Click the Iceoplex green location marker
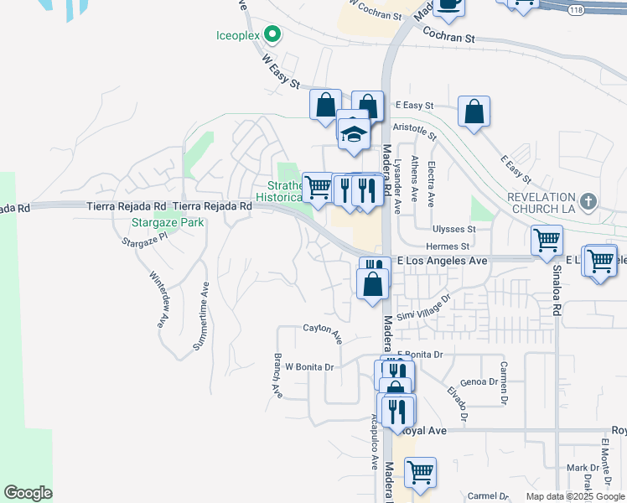pyautogui.click(x=272, y=34)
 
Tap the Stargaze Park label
pyautogui.click(x=157, y=224)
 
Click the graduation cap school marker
pyautogui.click(x=354, y=133)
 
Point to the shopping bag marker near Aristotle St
pyautogui.click(x=474, y=112)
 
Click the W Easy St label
pyautogui.click(x=281, y=71)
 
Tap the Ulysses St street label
pyautogui.click(x=453, y=229)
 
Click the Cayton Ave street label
pyautogui.click(x=323, y=334)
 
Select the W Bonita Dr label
pyautogui.click(x=310, y=367)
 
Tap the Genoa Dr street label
pyautogui.click(x=479, y=381)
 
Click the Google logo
pyautogui.click(x=28, y=493)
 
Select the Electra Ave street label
pyautogui.click(x=431, y=184)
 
